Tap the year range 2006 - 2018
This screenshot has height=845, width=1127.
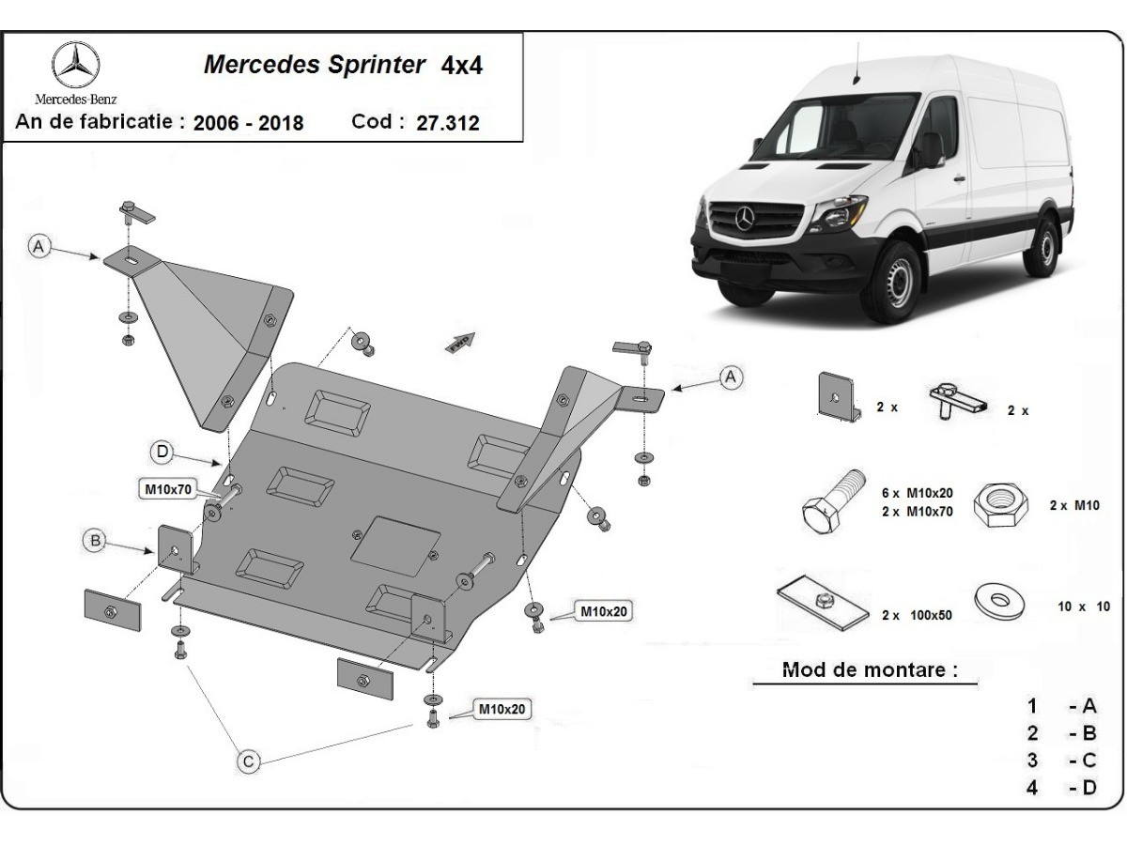pyautogui.click(x=249, y=123)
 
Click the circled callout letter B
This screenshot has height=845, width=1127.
pyautogui.click(x=94, y=540)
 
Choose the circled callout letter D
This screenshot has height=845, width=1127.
pyautogui.click(x=162, y=453)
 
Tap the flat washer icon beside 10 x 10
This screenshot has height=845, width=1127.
pyautogui.click(x=999, y=601)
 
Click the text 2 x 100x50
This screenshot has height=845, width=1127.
pyautogui.click(x=917, y=615)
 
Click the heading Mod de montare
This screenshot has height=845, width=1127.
pyautogui.click(x=870, y=670)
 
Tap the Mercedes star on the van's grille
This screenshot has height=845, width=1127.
pyautogui.click(x=747, y=218)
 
